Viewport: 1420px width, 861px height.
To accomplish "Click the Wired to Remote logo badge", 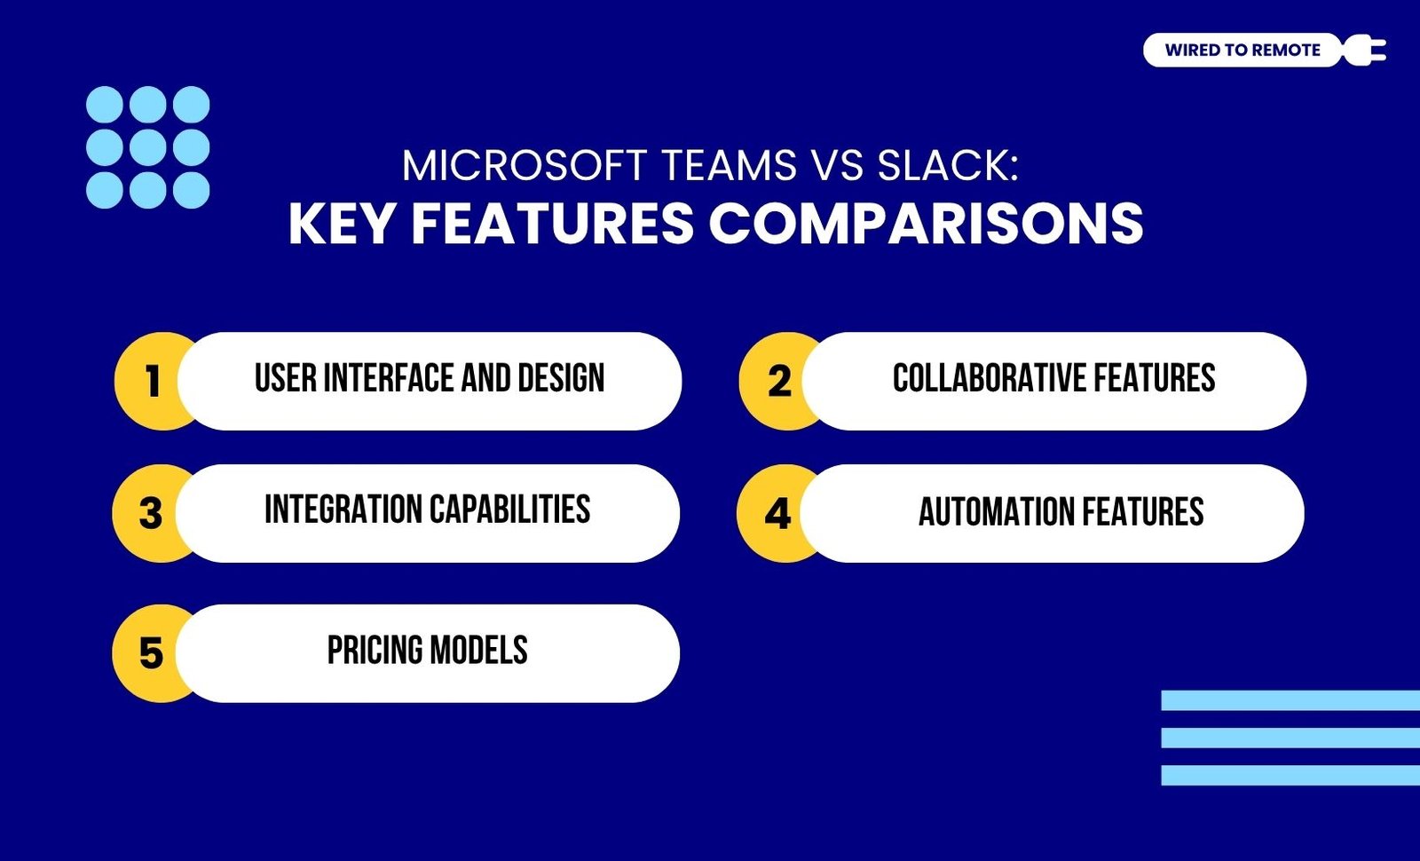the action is [x=1242, y=50].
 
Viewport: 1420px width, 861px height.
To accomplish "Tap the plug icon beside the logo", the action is [x=1364, y=50].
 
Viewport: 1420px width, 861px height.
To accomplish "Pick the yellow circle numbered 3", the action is [x=150, y=513].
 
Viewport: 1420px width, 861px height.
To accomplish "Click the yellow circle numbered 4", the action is [x=776, y=513].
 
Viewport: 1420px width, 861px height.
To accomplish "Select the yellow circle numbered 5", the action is [x=150, y=653].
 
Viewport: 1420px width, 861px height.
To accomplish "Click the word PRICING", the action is [x=374, y=650].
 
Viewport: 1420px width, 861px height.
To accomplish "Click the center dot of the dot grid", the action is [x=147, y=147].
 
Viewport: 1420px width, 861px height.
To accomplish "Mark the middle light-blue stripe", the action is [x=1290, y=738].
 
